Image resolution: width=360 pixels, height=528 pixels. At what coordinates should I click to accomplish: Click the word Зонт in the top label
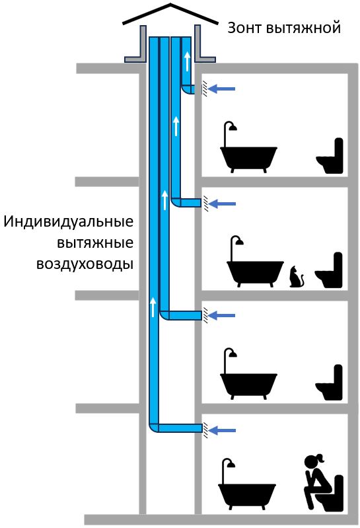(244, 28)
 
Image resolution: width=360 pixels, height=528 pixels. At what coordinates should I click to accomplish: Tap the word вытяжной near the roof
(303, 28)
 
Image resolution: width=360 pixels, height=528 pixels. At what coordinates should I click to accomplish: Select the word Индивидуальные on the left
(69, 222)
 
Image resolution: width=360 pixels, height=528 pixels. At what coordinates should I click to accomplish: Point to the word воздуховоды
(85, 264)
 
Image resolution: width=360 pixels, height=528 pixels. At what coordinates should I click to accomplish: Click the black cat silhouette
(297, 277)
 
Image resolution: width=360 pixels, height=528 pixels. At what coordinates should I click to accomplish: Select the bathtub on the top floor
(248, 147)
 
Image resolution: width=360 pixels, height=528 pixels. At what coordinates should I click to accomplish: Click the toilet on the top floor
(330, 155)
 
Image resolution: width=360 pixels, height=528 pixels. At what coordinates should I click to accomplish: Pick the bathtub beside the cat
(255, 262)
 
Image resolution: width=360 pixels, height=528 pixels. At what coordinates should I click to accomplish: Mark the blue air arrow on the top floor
(221, 89)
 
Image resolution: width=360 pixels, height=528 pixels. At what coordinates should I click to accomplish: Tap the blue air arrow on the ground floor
(221, 430)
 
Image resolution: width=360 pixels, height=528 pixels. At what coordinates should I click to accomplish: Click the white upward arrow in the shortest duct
(187, 61)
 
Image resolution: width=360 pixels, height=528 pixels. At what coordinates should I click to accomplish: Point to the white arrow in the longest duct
(153, 307)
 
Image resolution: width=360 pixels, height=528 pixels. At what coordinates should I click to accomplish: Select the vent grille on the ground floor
(205, 430)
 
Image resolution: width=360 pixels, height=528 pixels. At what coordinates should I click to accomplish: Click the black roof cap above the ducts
(170, 14)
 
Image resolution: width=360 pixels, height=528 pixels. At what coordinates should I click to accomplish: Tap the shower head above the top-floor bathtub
(232, 128)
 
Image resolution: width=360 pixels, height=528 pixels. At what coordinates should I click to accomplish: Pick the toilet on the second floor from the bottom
(329, 383)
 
